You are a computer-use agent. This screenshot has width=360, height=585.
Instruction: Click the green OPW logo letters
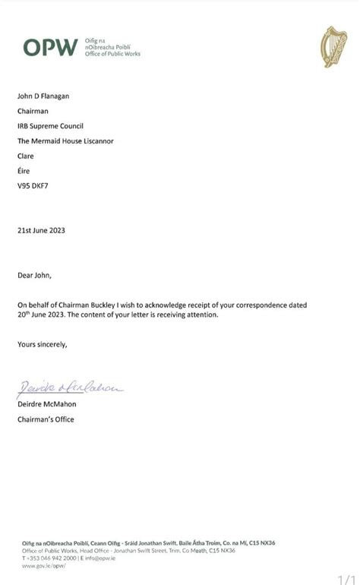50,47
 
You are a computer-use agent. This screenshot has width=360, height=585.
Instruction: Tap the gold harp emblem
333,47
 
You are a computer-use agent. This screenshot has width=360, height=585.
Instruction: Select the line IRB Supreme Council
50,125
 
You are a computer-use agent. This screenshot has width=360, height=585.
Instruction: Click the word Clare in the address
26,156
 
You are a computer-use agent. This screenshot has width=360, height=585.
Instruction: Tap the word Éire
25,171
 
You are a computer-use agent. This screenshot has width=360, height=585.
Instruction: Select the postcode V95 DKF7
35,186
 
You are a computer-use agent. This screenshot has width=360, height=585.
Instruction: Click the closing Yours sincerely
43,344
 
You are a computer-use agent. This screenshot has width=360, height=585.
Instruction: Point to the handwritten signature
69,388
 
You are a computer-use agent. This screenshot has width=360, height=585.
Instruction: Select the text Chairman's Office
46,419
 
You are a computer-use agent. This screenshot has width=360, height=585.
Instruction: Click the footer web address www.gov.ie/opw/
44,565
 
